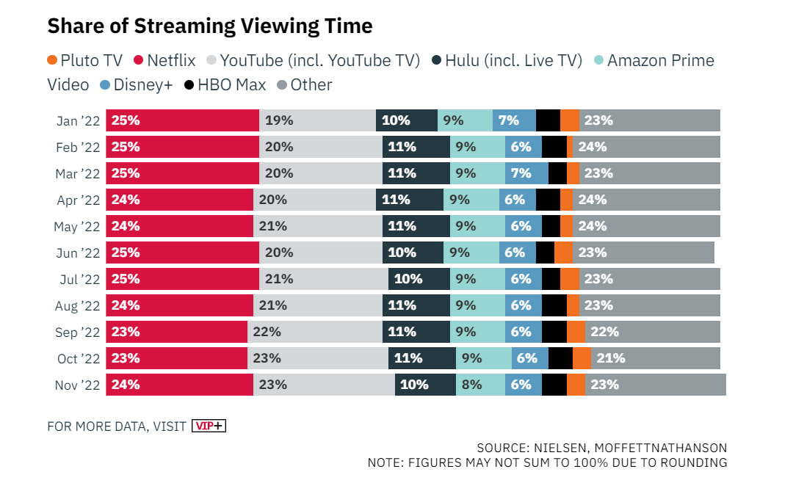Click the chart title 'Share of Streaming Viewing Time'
(x=210, y=26)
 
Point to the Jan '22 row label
(x=77, y=120)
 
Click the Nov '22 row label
(x=77, y=385)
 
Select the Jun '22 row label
(x=77, y=253)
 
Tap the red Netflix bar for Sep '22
(x=176, y=332)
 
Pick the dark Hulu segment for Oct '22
(x=421, y=358)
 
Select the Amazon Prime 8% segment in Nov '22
(x=480, y=385)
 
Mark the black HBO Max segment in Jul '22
(x=551, y=279)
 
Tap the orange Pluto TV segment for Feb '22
(x=570, y=147)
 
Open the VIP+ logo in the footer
(x=209, y=426)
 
